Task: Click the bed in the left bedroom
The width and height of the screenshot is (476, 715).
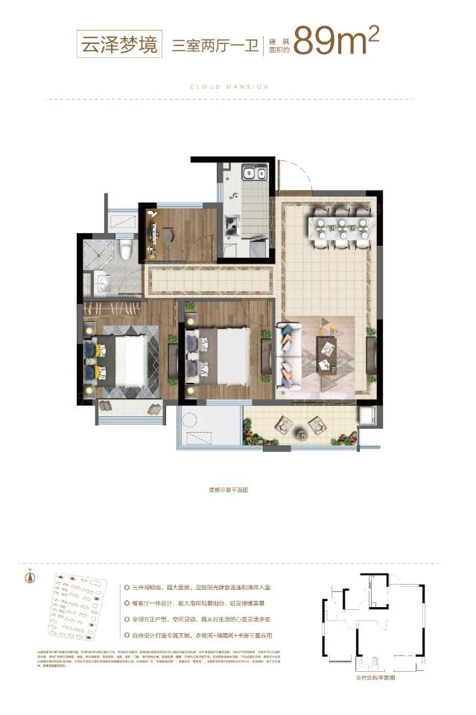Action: click(122, 358)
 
